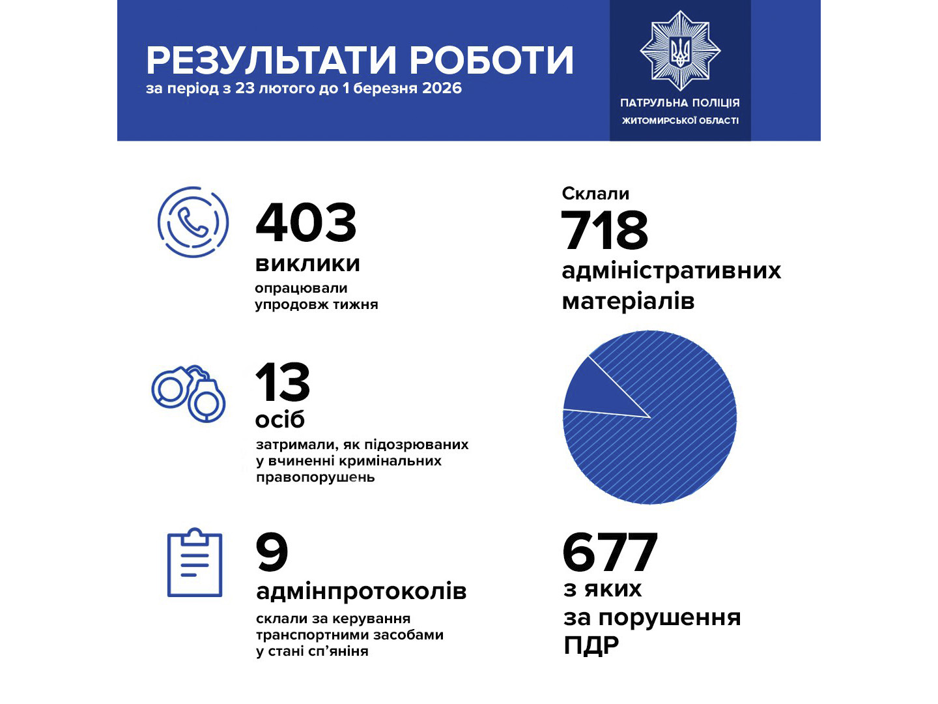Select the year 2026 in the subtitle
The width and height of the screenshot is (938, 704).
tap(442, 88)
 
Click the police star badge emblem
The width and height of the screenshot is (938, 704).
tap(680, 50)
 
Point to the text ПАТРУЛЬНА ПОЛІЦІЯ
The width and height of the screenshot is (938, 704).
tap(680, 102)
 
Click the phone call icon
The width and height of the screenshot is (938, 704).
tap(193, 222)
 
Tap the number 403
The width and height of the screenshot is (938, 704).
tap(306, 222)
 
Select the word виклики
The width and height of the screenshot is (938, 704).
tap(307, 263)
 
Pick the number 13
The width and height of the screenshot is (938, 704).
tap(283, 383)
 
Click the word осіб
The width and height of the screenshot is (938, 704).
tap(280, 419)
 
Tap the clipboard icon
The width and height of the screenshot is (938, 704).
tap(195, 563)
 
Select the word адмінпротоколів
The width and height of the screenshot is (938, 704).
tap(362, 591)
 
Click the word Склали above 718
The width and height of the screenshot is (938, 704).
tap(595, 194)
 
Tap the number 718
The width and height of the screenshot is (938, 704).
tap(604, 230)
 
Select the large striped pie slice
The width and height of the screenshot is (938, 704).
tap(671, 443)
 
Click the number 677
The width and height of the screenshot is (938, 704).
tap(610, 553)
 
